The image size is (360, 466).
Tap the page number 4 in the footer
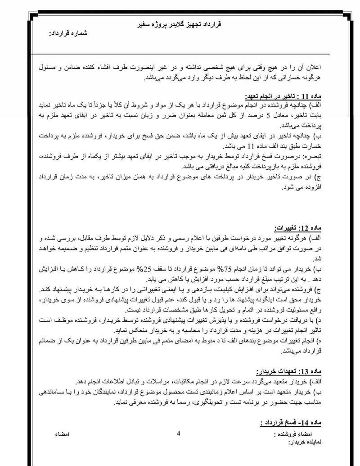click(179, 434)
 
